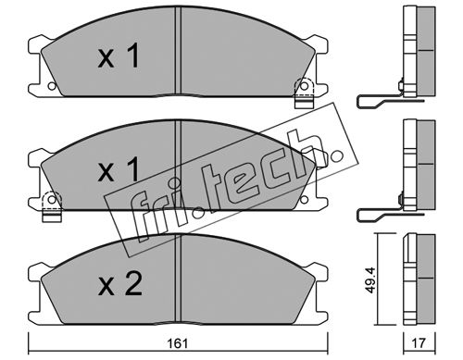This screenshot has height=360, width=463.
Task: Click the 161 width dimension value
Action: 178,343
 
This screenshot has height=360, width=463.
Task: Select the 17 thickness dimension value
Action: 419,343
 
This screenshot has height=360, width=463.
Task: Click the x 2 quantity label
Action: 120,284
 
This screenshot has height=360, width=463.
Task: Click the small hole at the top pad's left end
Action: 52,86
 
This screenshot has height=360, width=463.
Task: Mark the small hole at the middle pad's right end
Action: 304,200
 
